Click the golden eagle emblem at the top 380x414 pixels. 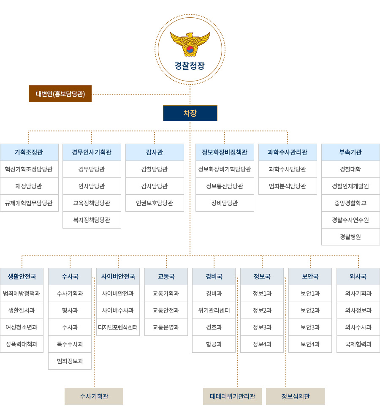[190, 44]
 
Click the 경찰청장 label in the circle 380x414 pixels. [190, 66]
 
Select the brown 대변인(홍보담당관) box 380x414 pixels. [60, 94]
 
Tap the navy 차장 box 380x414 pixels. [190, 113]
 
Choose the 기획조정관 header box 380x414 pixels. [29, 152]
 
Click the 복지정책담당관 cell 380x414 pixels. [92, 220]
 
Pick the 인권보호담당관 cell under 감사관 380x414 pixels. [155, 203]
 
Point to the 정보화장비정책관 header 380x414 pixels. [225, 152]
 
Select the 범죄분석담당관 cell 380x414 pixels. [288, 186]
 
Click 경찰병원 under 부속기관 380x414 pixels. [350, 237]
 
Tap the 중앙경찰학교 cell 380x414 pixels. [350, 203]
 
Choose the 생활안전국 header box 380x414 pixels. [22, 276]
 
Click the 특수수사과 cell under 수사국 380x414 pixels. [70, 344]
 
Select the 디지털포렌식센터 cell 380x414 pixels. [118, 327]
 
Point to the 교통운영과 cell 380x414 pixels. [166, 327]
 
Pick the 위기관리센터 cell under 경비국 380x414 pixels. [214, 310]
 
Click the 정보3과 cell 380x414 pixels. [262, 327]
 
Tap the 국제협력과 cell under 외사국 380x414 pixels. [358, 344]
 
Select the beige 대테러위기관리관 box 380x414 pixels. [232, 396]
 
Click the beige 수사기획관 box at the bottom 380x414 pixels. [94, 396]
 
